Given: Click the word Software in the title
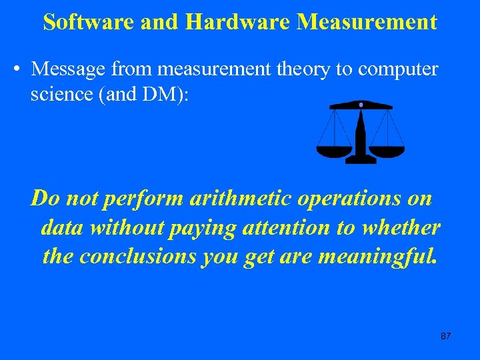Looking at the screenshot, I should [x=90, y=22].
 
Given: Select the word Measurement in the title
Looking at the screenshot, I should [x=367, y=22].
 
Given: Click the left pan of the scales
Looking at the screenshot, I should [x=333, y=151].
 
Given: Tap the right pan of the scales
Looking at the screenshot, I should [x=387, y=151].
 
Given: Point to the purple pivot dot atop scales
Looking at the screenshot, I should [x=361, y=105].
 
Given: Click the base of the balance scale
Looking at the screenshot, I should [x=361, y=159].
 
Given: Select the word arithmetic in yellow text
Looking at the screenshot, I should [x=237, y=198].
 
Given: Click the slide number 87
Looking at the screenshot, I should [x=446, y=336].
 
